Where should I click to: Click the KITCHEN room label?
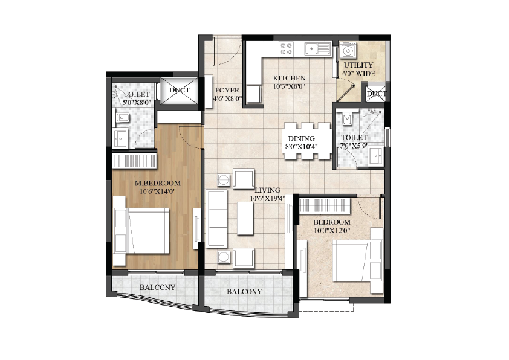pos(289,78)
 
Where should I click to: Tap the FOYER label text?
pos(227,90)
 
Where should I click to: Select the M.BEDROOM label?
pos(157,183)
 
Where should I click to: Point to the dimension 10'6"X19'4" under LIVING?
pos(267,199)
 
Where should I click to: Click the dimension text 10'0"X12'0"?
pos(332,231)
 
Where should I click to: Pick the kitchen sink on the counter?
pos(317,49)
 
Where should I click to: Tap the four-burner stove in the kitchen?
pos(287,49)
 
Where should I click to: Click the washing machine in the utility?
pos(348,51)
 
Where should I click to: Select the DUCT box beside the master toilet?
pos(179,91)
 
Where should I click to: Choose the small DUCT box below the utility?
pos(375,94)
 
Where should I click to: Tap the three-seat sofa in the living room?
pos(216,219)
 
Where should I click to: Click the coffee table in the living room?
pos(245,218)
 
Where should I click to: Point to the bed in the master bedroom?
pos(141,231)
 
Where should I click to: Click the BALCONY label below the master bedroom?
pos(157,288)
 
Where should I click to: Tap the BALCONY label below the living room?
pos(244,292)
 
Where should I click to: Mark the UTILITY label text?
pos(358,65)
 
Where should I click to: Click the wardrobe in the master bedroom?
pos(135,161)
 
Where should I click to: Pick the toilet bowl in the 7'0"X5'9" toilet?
pos(347,118)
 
